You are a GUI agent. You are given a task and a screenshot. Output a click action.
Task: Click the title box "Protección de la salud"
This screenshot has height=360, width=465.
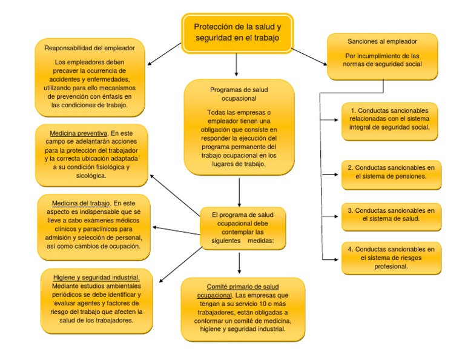tap(237, 33)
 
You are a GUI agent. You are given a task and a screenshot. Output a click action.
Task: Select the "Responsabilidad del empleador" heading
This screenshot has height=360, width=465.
tap(90, 47)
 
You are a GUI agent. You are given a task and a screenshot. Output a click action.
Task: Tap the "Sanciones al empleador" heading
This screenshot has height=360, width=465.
tap(382, 42)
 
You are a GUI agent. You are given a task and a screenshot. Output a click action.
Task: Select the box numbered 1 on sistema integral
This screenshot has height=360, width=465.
tap(389, 119)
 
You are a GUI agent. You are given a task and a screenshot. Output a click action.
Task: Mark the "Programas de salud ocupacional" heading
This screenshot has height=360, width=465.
tap(239, 93)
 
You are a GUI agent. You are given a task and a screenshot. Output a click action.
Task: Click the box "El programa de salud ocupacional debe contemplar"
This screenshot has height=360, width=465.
tap(243, 227)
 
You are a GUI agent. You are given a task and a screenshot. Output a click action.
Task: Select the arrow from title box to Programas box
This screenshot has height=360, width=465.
tap(237, 65)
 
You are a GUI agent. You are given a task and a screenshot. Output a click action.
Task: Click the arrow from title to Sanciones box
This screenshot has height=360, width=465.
tap(309, 55)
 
